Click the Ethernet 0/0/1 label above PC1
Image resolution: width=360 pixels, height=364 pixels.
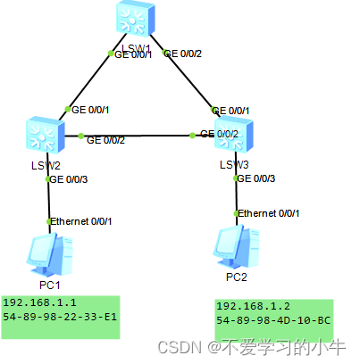tap(82, 220)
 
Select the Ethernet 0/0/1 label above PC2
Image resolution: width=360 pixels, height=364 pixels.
tap(270, 214)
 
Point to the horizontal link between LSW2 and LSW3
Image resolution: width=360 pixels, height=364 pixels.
tap(134, 136)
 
